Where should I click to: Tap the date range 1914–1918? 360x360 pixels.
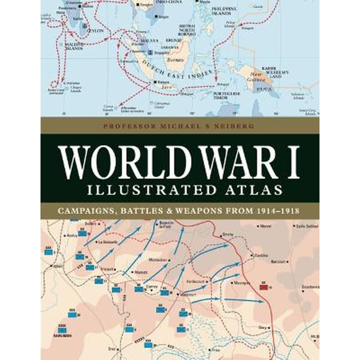point(277,210)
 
